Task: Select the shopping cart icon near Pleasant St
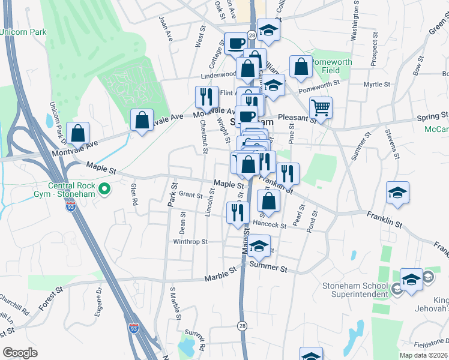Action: tap(321, 108)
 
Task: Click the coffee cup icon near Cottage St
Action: tap(235, 43)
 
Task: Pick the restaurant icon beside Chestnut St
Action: tap(206, 97)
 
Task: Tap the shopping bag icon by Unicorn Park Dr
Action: tap(77, 132)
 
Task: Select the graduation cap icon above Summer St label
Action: tap(259, 246)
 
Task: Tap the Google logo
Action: tap(20, 353)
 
